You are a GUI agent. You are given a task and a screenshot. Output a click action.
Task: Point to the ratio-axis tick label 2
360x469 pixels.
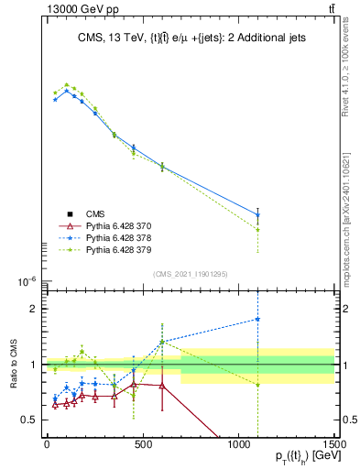coord(36,309)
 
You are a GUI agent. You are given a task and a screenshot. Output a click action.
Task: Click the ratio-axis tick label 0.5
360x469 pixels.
coord(30,420)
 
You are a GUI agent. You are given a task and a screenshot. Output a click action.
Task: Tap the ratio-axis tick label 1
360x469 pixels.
coord(36,365)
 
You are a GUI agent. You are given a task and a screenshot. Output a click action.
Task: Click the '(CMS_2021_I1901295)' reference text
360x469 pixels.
coord(190,274)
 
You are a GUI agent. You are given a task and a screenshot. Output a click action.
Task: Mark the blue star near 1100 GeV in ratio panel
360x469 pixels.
coord(257,320)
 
